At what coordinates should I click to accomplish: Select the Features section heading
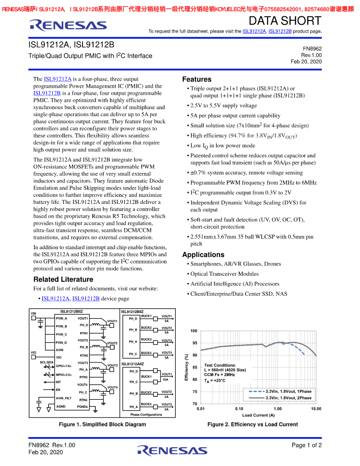point(196,79)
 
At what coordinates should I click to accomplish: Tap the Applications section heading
point(203,255)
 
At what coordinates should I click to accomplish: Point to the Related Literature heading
point(63,279)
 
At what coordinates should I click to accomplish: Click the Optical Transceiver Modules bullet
point(224,274)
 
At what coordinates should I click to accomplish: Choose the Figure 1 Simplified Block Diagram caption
point(102,424)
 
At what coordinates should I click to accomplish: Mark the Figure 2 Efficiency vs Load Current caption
point(252,424)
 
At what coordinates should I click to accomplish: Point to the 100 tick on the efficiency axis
point(194,331)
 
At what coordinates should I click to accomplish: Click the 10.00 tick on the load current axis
point(316,409)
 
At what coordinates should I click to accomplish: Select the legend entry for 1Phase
point(288,391)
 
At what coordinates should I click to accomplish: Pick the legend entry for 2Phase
point(288,398)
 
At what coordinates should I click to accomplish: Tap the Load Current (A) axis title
point(258,415)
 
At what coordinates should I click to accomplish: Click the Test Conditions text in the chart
point(220,365)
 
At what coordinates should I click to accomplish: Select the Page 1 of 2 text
point(307,445)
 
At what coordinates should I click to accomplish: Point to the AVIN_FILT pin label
point(63,398)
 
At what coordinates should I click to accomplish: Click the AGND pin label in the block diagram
point(61,407)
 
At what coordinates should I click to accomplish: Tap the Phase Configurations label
point(146,415)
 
